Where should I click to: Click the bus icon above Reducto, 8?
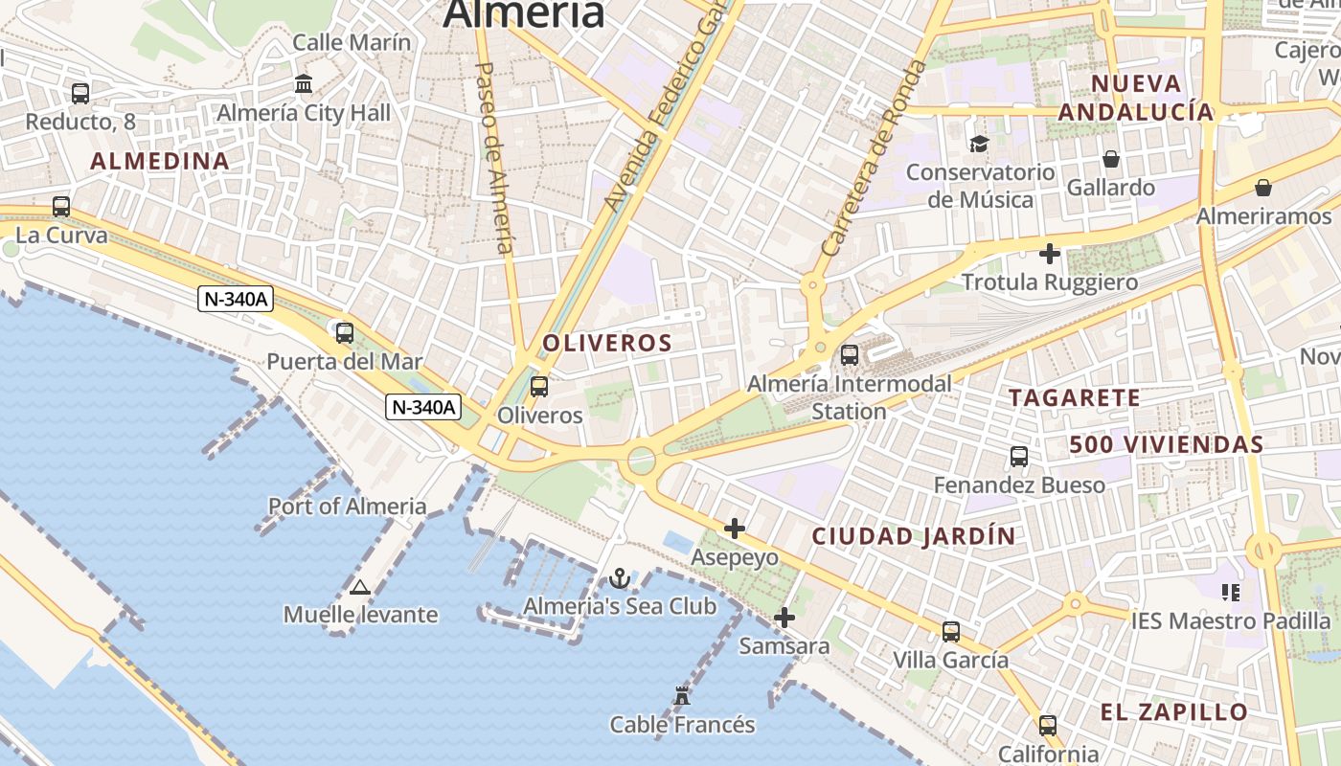coord(80,94)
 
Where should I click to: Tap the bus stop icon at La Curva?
coord(61,207)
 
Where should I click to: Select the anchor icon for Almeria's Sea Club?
coord(619,578)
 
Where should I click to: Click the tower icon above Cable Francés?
coord(682,696)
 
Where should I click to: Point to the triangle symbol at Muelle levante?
coord(360,587)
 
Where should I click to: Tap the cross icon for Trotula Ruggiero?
coord(1050,255)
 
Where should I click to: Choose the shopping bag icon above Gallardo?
coord(1111,159)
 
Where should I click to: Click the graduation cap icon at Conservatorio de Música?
coord(979,145)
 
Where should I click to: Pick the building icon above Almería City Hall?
coord(305,84)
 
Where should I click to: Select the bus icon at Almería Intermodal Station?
coord(849,355)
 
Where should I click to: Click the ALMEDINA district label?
coord(160,162)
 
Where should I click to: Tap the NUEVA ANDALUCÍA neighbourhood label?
coord(1136,98)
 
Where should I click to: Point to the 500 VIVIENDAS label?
coord(1167,445)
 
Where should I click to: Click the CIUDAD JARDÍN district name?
coord(913,537)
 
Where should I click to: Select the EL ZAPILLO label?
coord(1173,712)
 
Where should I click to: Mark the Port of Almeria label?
coord(347,507)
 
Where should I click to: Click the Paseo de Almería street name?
coord(494,158)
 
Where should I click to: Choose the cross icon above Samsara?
coord(784,618)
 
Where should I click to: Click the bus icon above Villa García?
coord(950,632)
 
